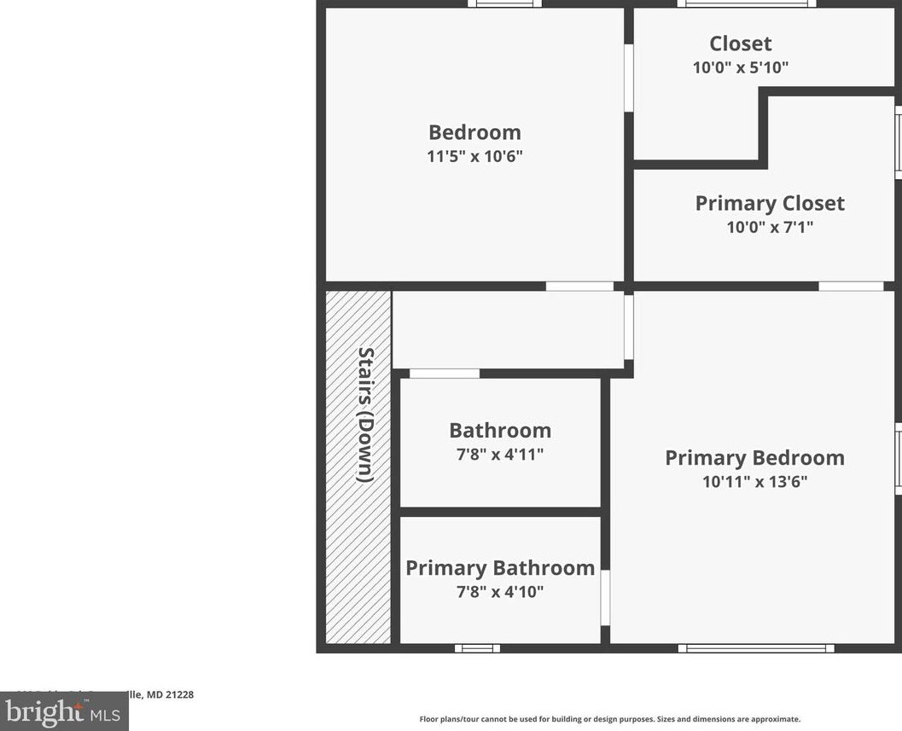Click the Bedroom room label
coord(474,132)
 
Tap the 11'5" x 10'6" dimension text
coord(474,156)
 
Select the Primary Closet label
coord(770,203)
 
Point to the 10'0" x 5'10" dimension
coord(740,67)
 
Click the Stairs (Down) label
coord(365,415)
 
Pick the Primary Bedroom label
coord(754,458)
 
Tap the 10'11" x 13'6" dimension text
coord(754,481)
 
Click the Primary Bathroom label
coord(500,568)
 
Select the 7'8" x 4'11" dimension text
coord(500,454)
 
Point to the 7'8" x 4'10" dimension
coord(500,591)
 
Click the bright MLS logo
coord(64,711)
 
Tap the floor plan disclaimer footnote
coord(609,719)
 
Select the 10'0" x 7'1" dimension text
coord(770,227)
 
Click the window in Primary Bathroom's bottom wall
coord(477,648)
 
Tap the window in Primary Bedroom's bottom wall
coord(756,648)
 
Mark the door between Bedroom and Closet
coord(629,78)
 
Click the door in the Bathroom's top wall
coord(445,374)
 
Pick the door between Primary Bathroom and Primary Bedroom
coord(605,597)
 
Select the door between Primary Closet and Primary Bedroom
coord(851,286)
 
